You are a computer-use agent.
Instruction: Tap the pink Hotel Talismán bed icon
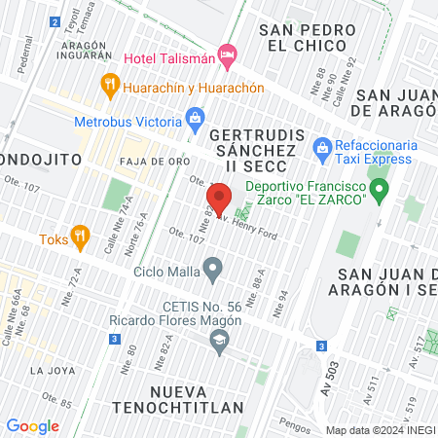click(x=228, y=55)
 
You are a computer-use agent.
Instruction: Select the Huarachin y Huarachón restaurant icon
click(x=109, y=87)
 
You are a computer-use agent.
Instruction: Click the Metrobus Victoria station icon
click(x=197, y=122)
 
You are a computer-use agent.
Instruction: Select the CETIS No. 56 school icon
click(x=219, y=340)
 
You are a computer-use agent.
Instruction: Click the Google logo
click(x=32, y=425)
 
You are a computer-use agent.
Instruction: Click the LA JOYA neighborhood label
click(x=50, y=371)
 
